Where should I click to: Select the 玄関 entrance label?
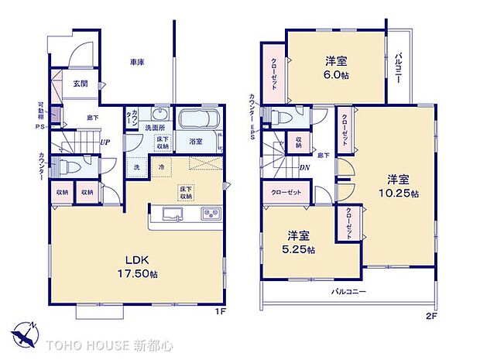click(81, 83)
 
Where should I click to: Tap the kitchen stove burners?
click(210, 214)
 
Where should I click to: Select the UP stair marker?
click(104, 142)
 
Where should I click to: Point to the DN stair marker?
click(304, 166)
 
